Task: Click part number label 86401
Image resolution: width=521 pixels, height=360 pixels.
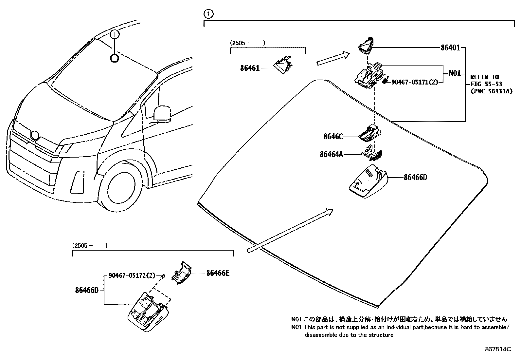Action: click(450, 48)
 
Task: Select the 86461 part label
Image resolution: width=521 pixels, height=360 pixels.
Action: click(250, 68)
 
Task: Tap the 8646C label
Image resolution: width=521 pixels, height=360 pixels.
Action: click(333, 137)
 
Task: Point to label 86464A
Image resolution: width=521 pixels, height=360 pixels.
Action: click(331, 154)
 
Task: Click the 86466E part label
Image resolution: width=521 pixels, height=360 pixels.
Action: click(218, 273)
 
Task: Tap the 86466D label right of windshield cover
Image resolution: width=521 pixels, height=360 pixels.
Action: click(415, 178)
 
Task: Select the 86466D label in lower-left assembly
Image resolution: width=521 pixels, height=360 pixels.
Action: click(87, 290)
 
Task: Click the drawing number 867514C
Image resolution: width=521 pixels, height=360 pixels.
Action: click(497, 350)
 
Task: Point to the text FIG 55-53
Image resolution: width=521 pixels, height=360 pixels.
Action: click(486, 84)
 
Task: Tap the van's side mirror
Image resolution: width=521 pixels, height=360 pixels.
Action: click(162, 113)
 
